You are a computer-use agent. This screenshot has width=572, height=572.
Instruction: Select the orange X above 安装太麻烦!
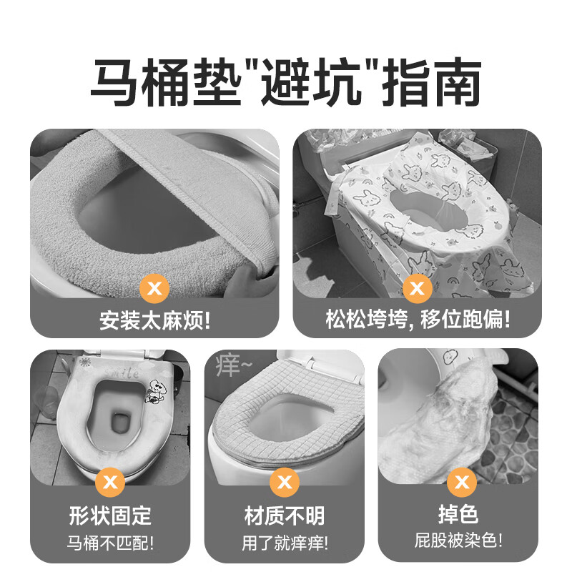[x=154, y=290]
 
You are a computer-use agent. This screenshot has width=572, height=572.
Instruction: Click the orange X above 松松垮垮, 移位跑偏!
[x=418, y=290]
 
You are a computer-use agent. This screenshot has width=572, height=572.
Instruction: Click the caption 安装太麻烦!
[x=154, y=319]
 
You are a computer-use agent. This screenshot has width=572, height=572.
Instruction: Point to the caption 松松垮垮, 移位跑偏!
[x=418, y=319]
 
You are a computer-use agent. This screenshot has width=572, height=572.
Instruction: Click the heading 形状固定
[x=111, y=515]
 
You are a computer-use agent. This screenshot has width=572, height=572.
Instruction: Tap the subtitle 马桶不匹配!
[x=111, y=541]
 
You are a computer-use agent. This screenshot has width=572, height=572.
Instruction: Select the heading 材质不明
[x=284, y=515]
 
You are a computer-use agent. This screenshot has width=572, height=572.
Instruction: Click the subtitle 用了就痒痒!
[x=284, y=541]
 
